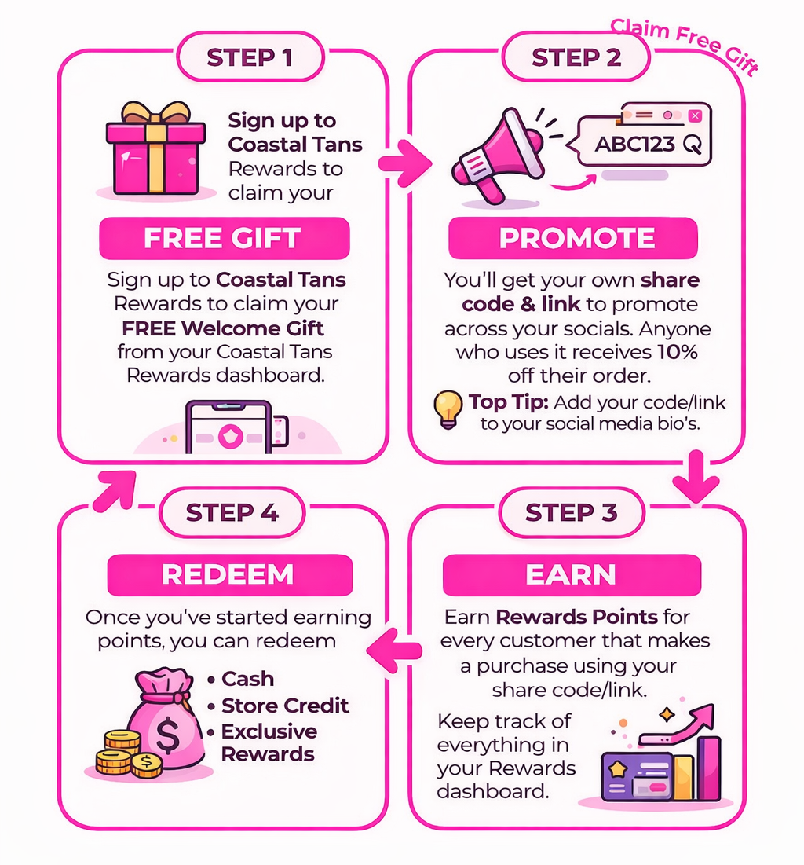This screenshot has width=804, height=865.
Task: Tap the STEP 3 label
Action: coord(571,512)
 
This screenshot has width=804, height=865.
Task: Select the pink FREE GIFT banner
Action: coord(224,239)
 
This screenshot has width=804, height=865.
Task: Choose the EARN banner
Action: coord(571,575)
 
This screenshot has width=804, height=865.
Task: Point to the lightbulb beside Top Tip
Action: coord(448,409)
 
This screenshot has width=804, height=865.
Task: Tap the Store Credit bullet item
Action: coord(284,705)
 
